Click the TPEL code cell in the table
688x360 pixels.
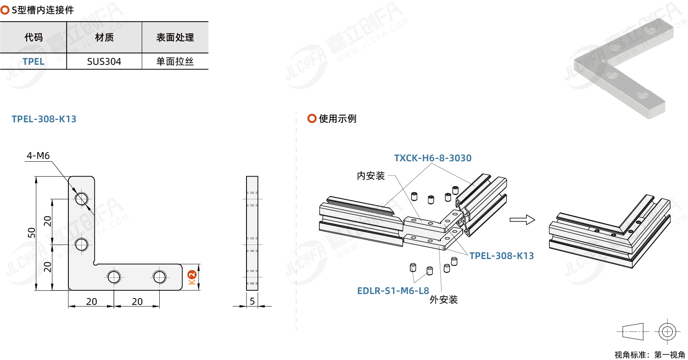[33, 62]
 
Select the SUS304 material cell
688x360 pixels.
[104, 62]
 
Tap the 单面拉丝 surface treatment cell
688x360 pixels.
[175, 62]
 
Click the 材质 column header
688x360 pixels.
[104, 37]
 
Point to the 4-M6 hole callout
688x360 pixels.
[38, 156]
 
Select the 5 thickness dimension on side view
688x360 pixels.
[252, 301]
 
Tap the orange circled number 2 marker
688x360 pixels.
[192, 275]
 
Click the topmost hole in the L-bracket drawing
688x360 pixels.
[82, 199]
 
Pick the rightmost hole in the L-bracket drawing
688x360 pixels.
[159, 277]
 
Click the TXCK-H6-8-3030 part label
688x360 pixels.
[433, 158]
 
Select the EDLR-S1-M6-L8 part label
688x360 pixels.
[393, 291]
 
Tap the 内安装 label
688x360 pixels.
[371, 176]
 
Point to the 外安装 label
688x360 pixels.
[444, 300]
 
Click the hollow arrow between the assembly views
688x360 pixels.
[522, 220]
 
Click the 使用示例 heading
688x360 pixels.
[337, 119]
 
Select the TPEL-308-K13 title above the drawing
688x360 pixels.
[44, 119]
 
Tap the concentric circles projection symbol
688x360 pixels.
[667, 332]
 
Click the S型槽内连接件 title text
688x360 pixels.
[43, 10]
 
